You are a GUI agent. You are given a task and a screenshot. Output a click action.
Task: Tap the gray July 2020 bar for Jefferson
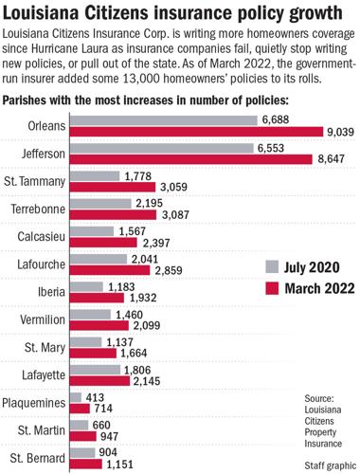[x=175, y=150]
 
